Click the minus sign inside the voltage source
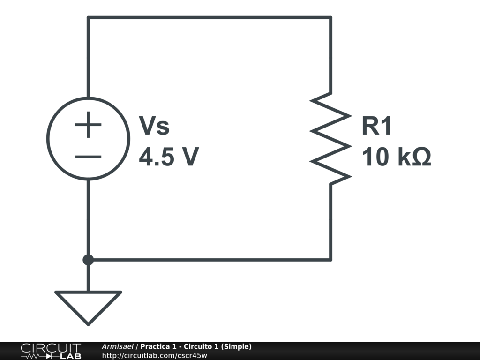pos(88,157)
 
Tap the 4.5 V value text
pos(169,157)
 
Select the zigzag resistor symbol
pos(331,138)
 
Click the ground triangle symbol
pos(88,305)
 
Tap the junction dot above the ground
pos(88,260)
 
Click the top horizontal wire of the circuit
pos(209,18)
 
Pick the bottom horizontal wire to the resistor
pos(209,259)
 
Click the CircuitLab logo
pos(51,351)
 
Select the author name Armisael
pos(117,346)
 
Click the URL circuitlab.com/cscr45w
pos(154,355)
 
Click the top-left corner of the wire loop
pos(88,18)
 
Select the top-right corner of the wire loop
pos(331,18)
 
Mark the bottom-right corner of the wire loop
pos(331,259)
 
